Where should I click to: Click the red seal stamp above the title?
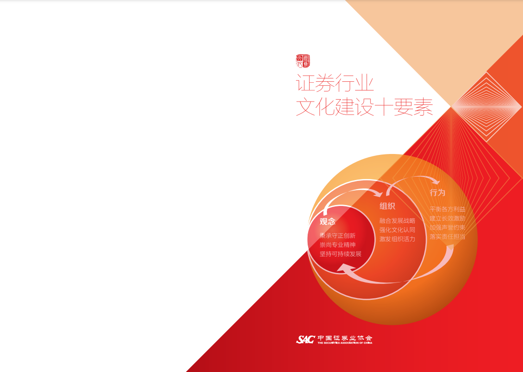(303, 61)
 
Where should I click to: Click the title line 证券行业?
(335, 83)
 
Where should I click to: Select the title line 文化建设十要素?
(364, 107)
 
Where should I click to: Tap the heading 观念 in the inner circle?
(327, 222)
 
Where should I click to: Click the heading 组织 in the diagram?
(387, 206)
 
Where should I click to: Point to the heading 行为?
(437, 192)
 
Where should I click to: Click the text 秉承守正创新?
(337, 236)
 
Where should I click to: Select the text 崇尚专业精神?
(337, 245)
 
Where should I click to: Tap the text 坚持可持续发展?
(340, 254)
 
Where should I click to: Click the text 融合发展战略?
(397, 221)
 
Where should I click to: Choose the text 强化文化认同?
(397, 230)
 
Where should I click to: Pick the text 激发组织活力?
(397, 239)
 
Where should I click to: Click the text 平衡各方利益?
(447, 209)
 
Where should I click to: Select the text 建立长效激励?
(447, 218)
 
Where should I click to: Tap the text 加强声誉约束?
(447, 228)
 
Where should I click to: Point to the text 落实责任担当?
(447, 237)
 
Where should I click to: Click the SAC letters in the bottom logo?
(305, 340)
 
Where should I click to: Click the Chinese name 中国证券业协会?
(345, 338)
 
